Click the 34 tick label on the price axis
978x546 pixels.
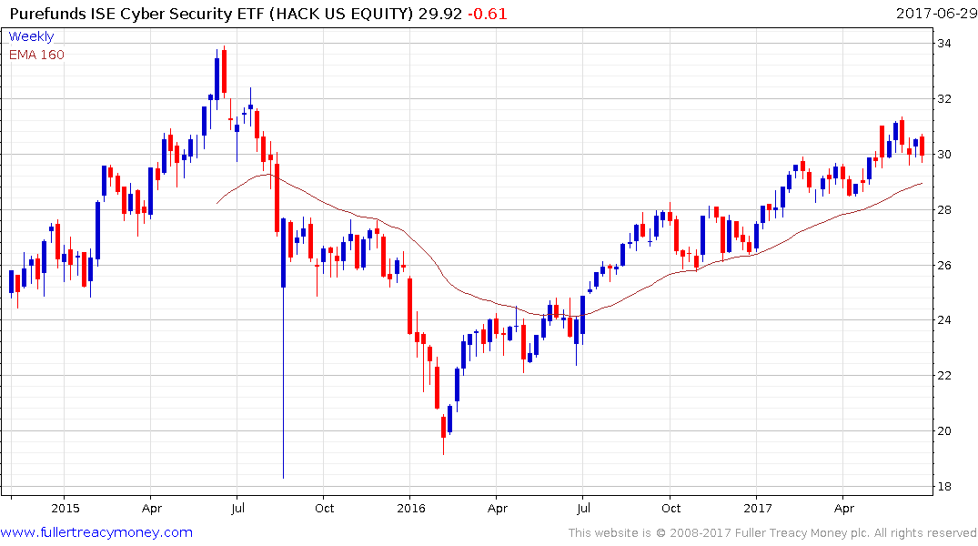tap(946, 43)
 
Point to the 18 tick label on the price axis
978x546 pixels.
tap(946, 486)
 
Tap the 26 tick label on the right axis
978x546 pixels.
tap(946, 265)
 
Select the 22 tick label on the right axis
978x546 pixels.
tap(946, 376)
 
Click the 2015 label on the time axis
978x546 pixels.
tap(66, 508)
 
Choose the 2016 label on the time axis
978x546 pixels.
tap(411, 508)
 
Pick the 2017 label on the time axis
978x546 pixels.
tap(757, 508)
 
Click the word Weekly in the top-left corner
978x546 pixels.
tap(32, 36)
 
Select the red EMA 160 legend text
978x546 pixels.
tap(36, 55)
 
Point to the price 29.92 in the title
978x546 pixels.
tap(446, 14)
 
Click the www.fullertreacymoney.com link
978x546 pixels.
tap(96, 532)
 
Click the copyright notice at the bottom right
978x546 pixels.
tap(772, 533)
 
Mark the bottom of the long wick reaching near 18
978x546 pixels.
tap(283, 477)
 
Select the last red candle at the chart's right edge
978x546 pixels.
tap(922, 146)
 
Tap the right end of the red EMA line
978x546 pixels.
tap(923, 183)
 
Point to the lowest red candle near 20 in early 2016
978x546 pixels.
tap(443, 426)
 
